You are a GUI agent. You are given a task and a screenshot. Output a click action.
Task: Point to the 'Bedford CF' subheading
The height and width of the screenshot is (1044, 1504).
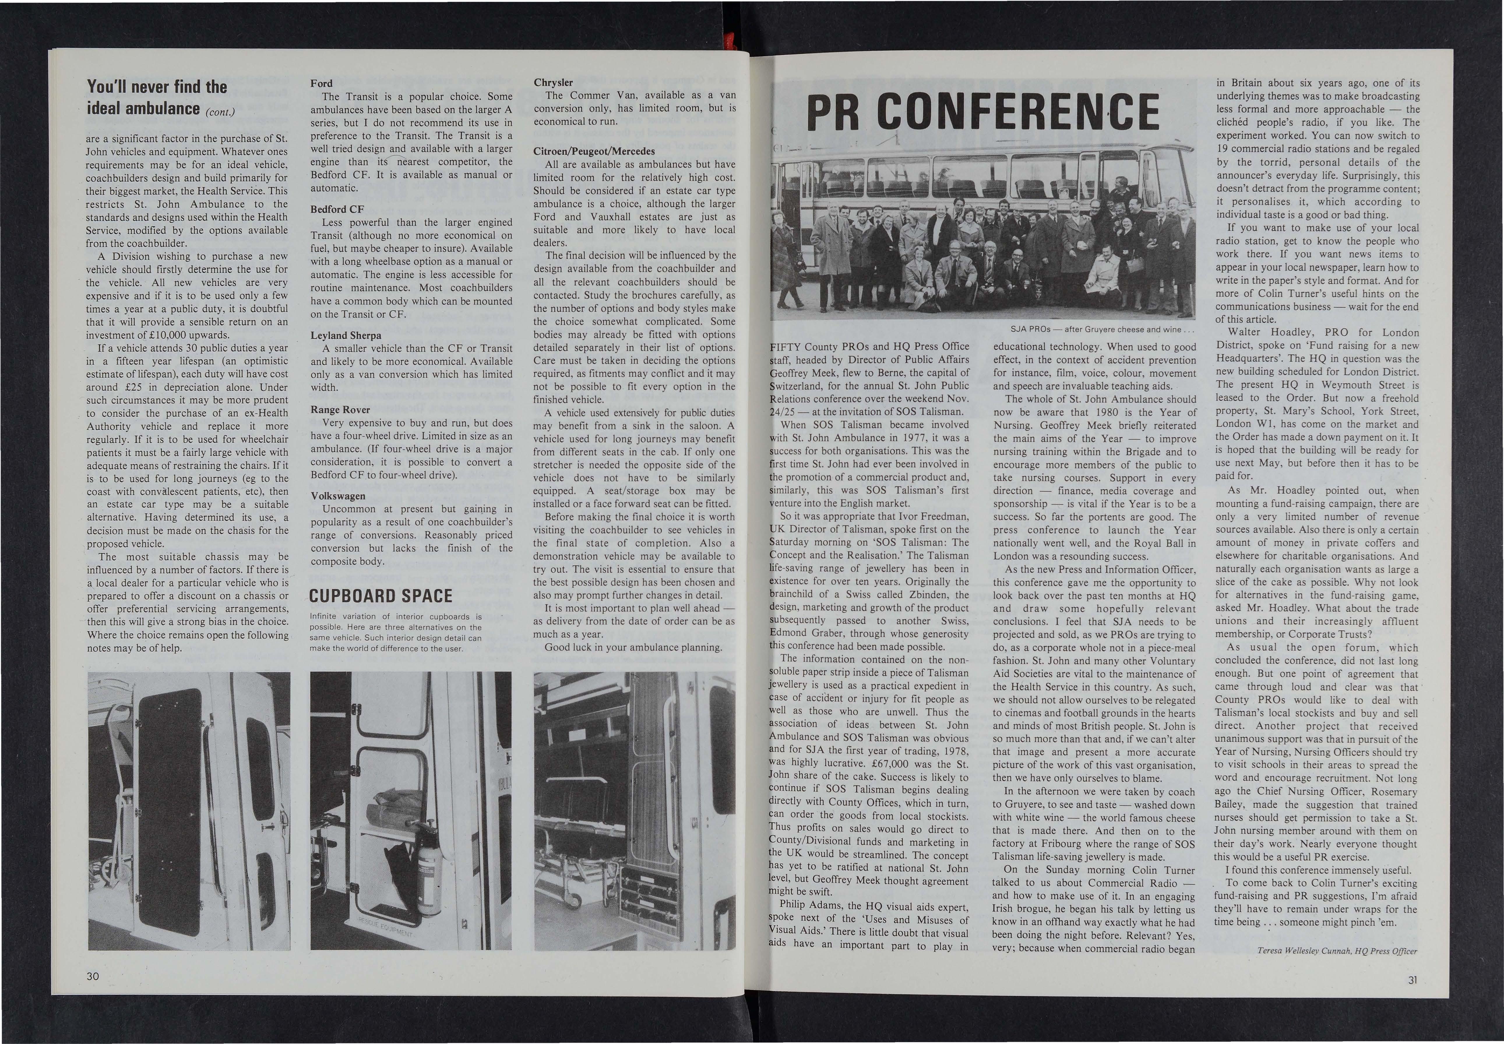(337, 209)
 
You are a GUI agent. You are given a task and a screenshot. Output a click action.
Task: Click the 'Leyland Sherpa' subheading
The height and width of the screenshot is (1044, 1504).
(346, 336)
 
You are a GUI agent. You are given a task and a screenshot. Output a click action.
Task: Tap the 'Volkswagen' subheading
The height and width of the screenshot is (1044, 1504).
(338, 496)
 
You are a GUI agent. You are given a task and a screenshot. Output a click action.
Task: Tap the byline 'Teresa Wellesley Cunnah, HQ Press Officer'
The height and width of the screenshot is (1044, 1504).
(1336, 951)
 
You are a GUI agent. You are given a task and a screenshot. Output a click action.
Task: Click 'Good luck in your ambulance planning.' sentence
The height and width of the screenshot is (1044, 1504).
(633, 648)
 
